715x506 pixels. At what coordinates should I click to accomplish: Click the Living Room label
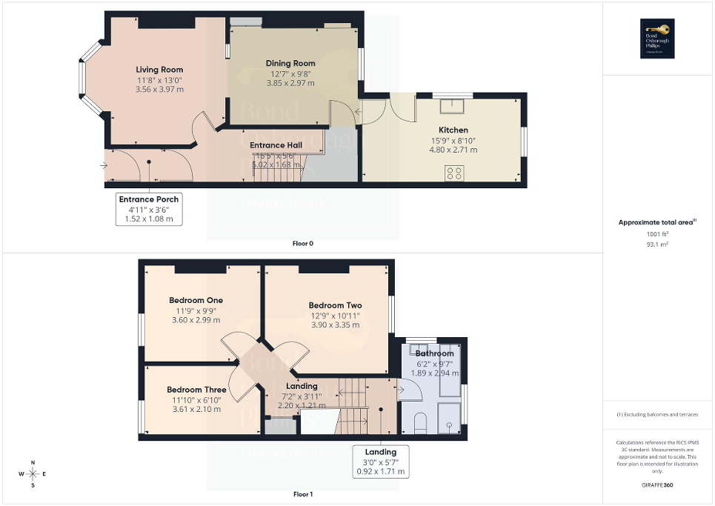point(159,70)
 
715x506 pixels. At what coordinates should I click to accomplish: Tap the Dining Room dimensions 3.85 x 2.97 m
point(290,83)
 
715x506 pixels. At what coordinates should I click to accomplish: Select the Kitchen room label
point(453,130)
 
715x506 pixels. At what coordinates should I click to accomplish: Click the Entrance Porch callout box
point(149,209)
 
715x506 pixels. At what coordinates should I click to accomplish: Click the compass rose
point(33,474)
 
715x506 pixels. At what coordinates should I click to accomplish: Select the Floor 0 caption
point(303,243)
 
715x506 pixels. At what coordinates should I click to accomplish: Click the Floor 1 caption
point(303,493)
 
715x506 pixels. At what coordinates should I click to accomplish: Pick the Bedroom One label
point(196,300)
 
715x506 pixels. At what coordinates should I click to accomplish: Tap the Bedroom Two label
point(335,305)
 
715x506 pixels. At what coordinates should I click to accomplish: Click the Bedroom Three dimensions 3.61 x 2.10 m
point(196,409)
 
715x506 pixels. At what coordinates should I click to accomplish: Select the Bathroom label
point(434,353)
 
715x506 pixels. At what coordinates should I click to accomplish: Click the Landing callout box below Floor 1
point(381,461)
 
